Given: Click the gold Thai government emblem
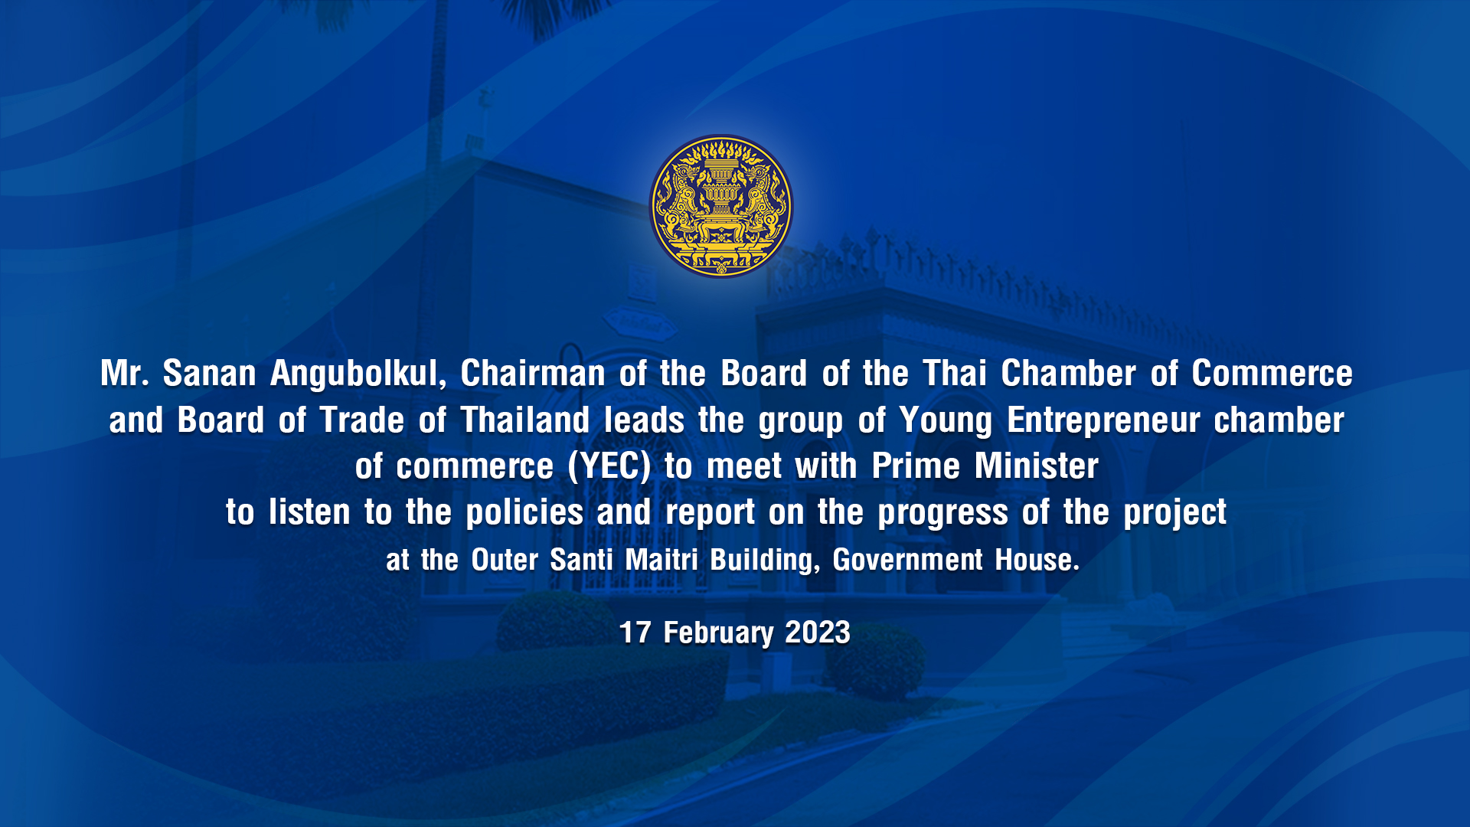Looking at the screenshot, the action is tap(720, 206).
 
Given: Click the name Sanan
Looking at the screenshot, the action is tap(209, 374).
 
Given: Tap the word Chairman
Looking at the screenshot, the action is tap(533, 374).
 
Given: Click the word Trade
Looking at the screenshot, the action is tap(361, 420).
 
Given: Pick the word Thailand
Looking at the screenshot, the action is tap(524, 420).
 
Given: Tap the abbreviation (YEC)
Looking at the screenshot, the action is tap(609, 467).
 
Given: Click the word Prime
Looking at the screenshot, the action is tap(916, 466).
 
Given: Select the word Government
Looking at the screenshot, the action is tap(907, 560).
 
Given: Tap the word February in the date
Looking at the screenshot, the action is tap(718, 634).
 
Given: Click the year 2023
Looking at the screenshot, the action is tap(818, 633).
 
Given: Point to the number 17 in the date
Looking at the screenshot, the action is tap(635, 633).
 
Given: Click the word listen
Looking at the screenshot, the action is tap(309, 512).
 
